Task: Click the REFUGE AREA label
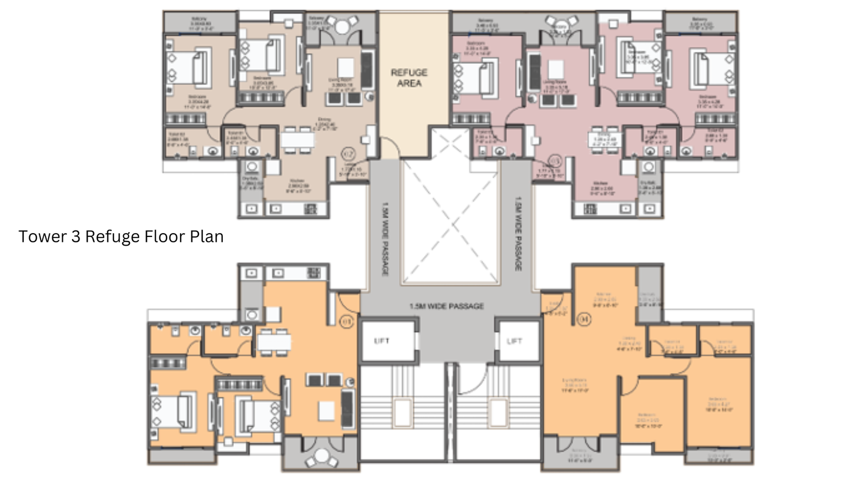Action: pyautogui.click(x=409, y=78)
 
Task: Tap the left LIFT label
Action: pyautogui.click(x=382, y=341)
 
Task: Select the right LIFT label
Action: pyautogui.click(x=514, y=341)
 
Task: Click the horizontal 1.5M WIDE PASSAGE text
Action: pyautogui.click(x=447, y=306)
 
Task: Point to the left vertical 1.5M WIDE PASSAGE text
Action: pyautogui.click(x=385, y=239)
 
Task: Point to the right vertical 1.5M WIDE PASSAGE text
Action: pyautogui.click(x=518, y=233)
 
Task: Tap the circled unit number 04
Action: pyautogui.click(x=584, y=319)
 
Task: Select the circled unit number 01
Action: pyautogui.click(x=346, y=322)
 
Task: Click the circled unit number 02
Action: pyautogui.click(x=349, y=154)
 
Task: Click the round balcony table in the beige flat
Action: pyautogui.click(x=342, y=26)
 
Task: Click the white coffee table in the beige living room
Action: pyautogui.click(x=346, y=67)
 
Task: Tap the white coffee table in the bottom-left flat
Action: pyautogui.click(x=326, y=411)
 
